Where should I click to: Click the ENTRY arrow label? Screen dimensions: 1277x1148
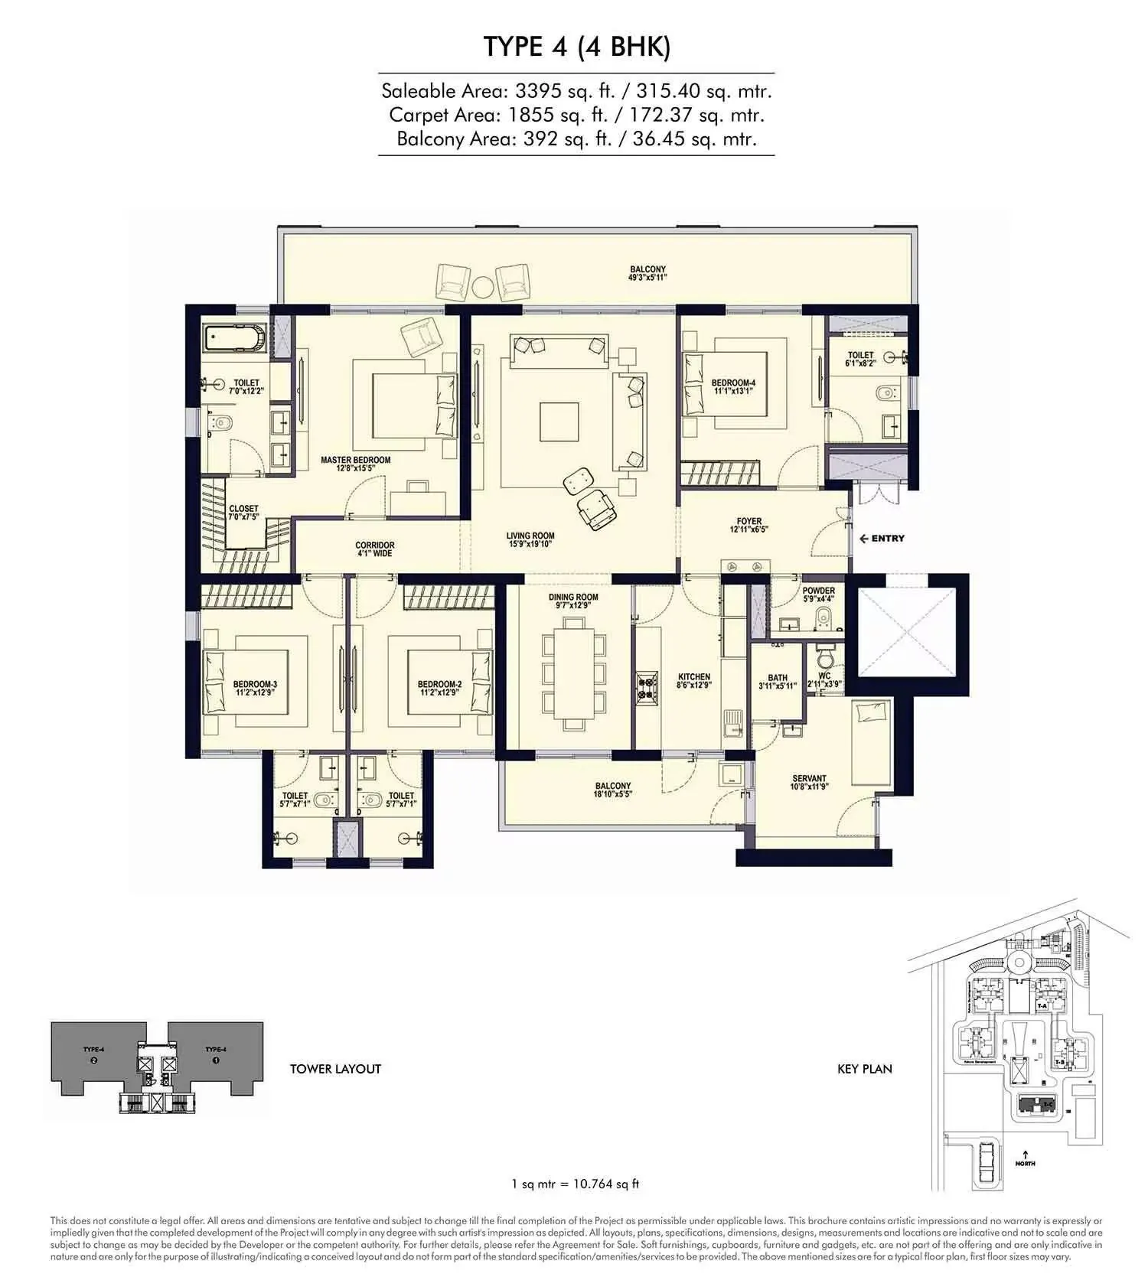tap(882, 538)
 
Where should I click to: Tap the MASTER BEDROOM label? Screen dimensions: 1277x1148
tap(355, 460)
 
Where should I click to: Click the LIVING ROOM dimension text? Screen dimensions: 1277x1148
tap(530, 544)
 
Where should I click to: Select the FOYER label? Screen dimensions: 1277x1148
tap(748, 521)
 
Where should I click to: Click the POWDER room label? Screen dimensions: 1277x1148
tap(818, 591)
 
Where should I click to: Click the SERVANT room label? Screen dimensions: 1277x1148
tap(809, 778)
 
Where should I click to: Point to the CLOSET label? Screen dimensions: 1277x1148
tap(243, 508)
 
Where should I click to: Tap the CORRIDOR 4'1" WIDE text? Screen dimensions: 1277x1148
tap(374, 549)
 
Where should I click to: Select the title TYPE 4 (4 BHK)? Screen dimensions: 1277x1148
tap(576, 47)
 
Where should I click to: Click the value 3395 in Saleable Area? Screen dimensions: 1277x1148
tap(535, 91)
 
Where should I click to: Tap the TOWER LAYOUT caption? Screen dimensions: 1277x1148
tap(335, 1069)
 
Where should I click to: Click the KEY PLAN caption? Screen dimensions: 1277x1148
tap(864, 1069)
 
